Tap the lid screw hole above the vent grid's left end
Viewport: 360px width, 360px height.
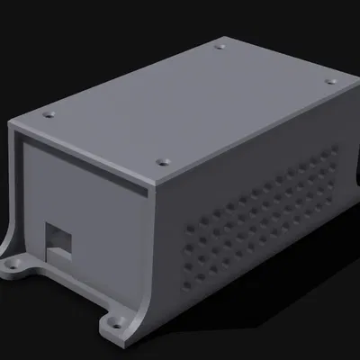[162, 162]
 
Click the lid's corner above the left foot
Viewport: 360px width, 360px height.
[11, 121]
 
